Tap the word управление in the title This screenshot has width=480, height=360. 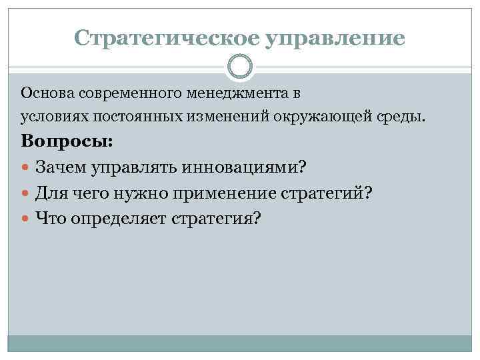(335, 38)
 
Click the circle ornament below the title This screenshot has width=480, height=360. (240, 67)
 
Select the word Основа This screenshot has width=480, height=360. (43, 91)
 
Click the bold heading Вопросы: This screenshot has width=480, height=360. (67, 142)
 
